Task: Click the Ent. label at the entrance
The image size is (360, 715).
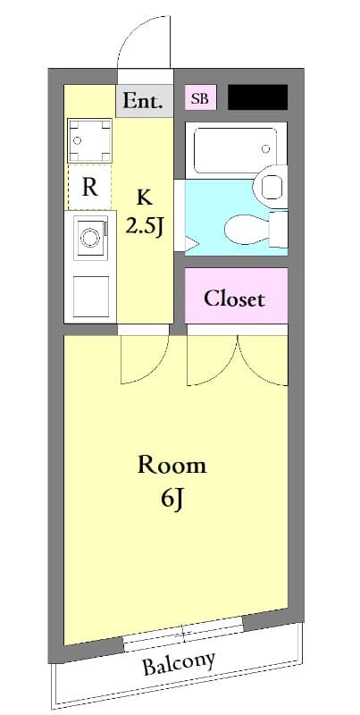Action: point(143,101)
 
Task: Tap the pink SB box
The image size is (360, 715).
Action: point(199,98)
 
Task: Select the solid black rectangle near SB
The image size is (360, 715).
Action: point(257,97)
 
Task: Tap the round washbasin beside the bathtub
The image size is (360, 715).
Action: point(269,187)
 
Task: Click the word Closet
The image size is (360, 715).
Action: point(235,299)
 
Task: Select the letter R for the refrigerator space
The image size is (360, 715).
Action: point(89,188)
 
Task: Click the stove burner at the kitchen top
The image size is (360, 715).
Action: point(89,140)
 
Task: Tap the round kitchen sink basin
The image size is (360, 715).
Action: point(89,238)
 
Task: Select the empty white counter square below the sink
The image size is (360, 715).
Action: point(89,298)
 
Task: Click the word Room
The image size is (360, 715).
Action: point(172,465)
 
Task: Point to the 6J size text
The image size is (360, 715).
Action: point(172,499)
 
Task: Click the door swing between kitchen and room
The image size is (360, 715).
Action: point(143,357)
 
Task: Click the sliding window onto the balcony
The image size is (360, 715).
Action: point(183,637)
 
